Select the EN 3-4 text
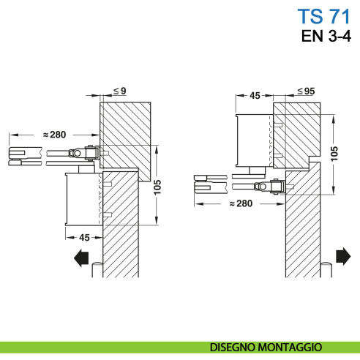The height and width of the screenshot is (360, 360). point(326,37)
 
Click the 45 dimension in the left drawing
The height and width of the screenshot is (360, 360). point(84,237)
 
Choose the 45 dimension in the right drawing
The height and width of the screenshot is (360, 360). point(255,94)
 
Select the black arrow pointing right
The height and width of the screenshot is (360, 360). point(342,255)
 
